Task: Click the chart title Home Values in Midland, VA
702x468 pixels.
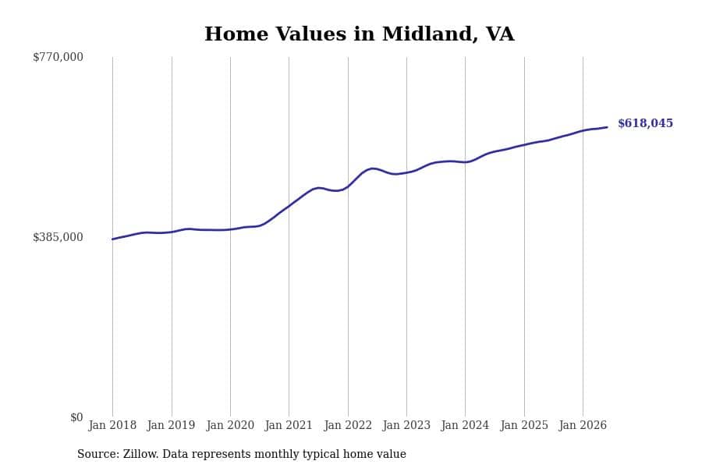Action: [x=359, y=34]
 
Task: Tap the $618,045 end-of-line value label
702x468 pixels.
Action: [x=645, y=123]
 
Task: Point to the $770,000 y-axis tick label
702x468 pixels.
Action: [x=58, y=57]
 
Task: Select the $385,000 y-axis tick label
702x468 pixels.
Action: [x=58, y=237]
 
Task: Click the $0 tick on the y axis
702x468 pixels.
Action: [x=76, y=417]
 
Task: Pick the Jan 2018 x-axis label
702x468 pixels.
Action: [x=112, y=425]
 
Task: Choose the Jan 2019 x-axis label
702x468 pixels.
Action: [x=171, y=425]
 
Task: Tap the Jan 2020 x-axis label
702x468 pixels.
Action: [x=230, y=425]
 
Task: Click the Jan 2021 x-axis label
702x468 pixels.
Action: [x=289, y=425]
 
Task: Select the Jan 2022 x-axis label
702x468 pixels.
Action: [x=348, y=425]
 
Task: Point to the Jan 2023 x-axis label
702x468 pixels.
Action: [x=406, y=425]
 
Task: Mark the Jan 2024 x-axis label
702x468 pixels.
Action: [x=465, y=425]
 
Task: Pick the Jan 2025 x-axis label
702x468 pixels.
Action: [x=524, y=425]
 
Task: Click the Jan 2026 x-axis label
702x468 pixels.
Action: [x=583, y=425]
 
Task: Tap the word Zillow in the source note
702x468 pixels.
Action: [x=140, y=454]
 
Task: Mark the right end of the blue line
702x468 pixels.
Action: [x=607, y=127]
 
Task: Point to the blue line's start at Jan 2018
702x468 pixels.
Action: [x=112, y=239]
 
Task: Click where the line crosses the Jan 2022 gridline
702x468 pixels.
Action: [x=348, y=186]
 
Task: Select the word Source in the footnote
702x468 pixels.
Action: [x=98, y=454]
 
